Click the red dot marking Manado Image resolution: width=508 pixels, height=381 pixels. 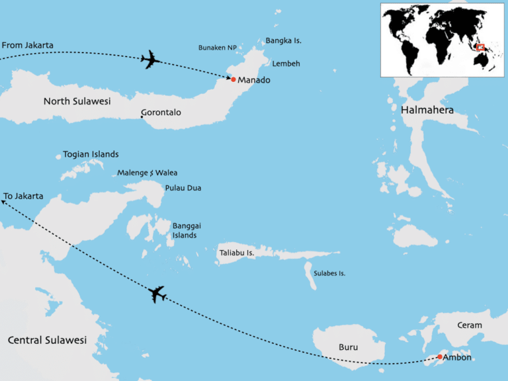coord(233,79)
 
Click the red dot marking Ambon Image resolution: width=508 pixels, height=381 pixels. coord(440,357)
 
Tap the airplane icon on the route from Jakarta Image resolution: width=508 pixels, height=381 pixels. coord(151,60)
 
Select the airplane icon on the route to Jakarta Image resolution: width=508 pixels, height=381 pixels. coord(157,294)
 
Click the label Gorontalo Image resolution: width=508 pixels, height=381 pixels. coord(161,112)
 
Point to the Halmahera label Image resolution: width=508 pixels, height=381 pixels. coord(427,110)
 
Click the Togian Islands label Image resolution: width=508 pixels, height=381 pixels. coord(91,154)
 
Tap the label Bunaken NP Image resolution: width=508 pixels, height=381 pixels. coord(217,48)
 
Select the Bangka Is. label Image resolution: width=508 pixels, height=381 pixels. coord(283,41)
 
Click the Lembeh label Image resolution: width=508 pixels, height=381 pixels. coord(286,63)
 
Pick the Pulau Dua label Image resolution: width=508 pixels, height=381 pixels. coord(183,188)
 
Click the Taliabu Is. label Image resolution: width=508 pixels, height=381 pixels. coord(237,253)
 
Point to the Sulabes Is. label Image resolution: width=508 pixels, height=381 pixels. coord(329,273)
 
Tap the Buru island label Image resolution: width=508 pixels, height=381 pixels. coord(348,346)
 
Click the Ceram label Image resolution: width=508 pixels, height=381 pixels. coord(470,325)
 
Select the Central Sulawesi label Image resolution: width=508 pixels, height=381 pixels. coord(47,340)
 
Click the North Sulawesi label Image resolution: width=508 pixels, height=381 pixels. coord(77,101)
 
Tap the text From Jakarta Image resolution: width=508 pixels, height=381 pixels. coord(28,46)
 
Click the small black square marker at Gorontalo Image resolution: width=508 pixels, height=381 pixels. coord(142,117)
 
